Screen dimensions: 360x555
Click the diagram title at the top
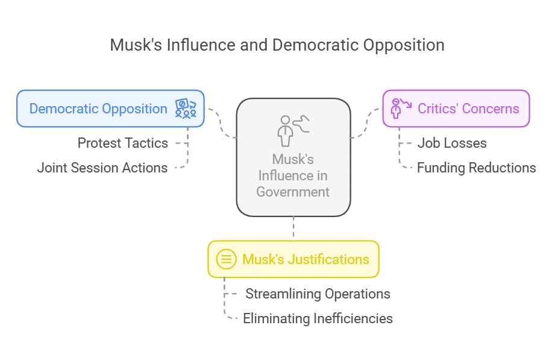click(277, 45)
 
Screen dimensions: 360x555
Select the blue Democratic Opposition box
click(110, 109)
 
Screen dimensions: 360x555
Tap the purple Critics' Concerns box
click(456, 109)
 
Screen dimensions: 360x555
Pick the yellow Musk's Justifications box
click(293, 259)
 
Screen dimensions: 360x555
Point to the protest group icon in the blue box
click(186, 109)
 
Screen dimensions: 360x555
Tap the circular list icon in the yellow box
click(227, 259)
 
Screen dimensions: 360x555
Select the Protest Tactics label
click(123, 143)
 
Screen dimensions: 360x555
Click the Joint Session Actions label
click(102, 168)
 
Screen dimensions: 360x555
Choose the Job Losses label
click(452, 143)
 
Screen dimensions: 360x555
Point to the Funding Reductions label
click(476, 168)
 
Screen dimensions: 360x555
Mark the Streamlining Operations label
click(318, 294)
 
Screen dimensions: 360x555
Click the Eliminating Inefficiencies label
click(318, 318)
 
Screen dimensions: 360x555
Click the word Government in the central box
click(293, 192)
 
